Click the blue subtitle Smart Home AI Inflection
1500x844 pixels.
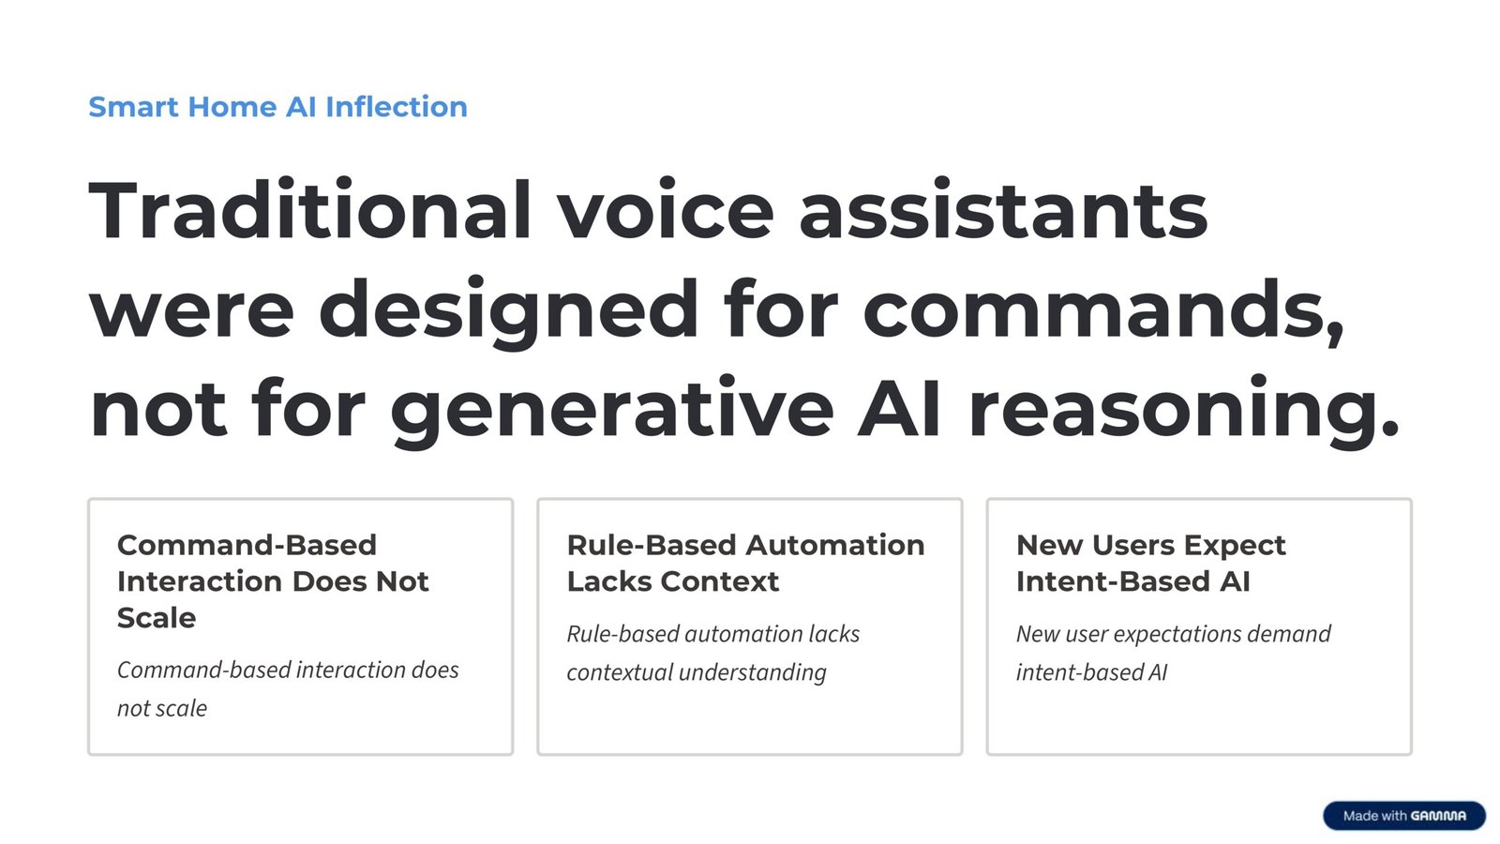click(277, 107)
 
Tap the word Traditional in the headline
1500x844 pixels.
click(310, 211)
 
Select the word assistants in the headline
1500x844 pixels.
click(1002, 211)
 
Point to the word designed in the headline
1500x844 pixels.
click(509, 310)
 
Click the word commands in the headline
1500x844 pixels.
click(1102, 310)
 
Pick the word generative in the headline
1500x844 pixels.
click(611, 410)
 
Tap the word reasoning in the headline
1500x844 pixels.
click(1183, 410)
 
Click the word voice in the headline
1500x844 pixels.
click(666, 211)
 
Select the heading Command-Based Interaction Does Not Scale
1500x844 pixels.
click(272, 581)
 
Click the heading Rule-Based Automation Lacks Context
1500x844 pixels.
click(745, 563)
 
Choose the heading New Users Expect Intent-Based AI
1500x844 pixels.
click(1150, 563)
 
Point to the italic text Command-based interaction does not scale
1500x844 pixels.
click(287, 688)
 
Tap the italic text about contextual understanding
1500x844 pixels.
click(697, 672)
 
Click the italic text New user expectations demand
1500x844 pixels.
click(1173, 635)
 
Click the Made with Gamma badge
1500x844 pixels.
click(1403, 816)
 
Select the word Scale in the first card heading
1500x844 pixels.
click(157, 618)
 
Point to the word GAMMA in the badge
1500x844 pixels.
click(1438, 816)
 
